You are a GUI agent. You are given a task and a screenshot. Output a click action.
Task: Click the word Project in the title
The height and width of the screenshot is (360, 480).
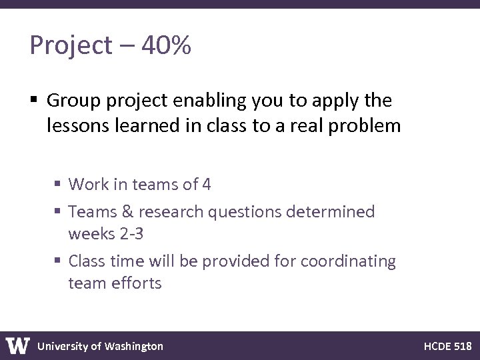point(71,46)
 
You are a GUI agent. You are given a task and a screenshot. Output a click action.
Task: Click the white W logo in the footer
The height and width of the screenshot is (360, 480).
point(18,345)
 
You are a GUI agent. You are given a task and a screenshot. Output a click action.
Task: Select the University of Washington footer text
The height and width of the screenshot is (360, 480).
point(100,346)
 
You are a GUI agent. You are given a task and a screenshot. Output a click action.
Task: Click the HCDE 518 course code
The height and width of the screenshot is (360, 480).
point(447,346)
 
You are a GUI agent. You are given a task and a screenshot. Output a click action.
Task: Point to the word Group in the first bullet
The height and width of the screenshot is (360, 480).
point(73,101)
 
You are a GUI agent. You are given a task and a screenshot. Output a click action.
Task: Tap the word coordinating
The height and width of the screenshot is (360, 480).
point(348,261)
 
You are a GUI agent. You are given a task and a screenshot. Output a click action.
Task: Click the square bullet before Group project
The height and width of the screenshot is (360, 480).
point(33,101)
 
